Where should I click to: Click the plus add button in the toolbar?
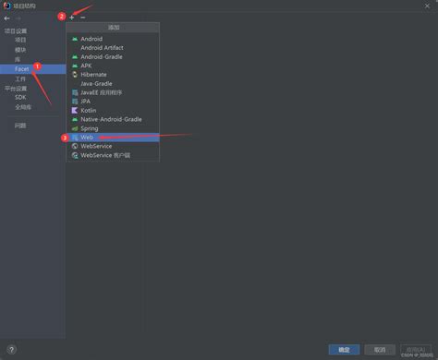(72, 18)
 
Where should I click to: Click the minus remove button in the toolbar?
(83, 18)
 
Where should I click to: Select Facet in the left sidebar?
(21, 69)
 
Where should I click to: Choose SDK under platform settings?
(20, 97)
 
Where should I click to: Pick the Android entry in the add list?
(91, 39)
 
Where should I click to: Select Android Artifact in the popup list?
(101, 48)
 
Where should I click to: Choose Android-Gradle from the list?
(101, 56)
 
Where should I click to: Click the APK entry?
(86, 66)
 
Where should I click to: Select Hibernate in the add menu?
(93, 75)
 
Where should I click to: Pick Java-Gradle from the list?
(97, 83)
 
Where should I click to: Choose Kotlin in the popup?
(89, 110)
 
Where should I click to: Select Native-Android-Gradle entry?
(111, 119)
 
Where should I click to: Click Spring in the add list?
(90, 128)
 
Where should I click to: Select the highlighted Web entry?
(88, 137)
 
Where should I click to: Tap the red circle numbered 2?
(61, 17)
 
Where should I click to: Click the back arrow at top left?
(7, 18)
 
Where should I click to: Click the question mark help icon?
(11, 350)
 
